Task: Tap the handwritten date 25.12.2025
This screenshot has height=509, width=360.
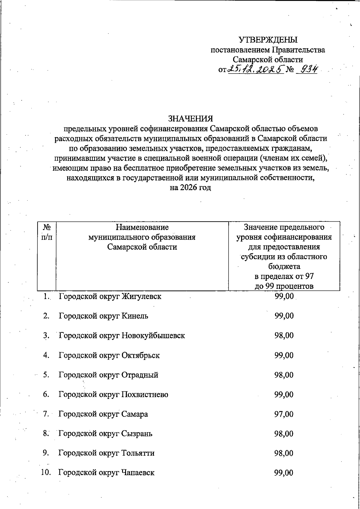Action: (x=256, y=70)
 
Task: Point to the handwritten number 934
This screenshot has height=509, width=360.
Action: (x=306, y=70)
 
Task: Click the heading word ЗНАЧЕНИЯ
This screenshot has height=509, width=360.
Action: (x=190, y=118)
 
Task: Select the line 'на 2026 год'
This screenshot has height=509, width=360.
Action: (x=190, y=188)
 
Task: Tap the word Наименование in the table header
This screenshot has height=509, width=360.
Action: (x=142, y=227)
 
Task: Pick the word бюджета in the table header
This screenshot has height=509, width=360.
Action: (x=284, y=266)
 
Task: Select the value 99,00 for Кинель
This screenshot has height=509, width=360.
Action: (x=284, y=316)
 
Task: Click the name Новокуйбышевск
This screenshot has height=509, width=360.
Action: (x=153, y=336)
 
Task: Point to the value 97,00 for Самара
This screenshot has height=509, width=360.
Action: (x=284, y=414)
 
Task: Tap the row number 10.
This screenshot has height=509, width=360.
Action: (x=45, y=473)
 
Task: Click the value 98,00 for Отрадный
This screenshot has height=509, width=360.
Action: (x=284, y=375)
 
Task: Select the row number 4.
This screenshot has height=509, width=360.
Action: (x=46, y=355)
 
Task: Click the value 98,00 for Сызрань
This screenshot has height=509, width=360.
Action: (x=284, y=434)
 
